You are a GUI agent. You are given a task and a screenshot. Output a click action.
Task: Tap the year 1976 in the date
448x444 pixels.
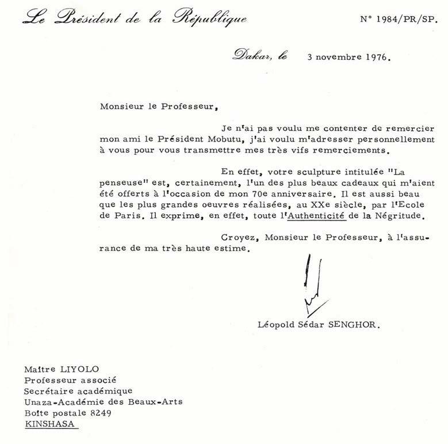pyautogui.click(x=374, y=58)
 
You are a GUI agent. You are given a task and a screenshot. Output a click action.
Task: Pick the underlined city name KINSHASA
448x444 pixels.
pyautogui.click(x=51, y=423)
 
